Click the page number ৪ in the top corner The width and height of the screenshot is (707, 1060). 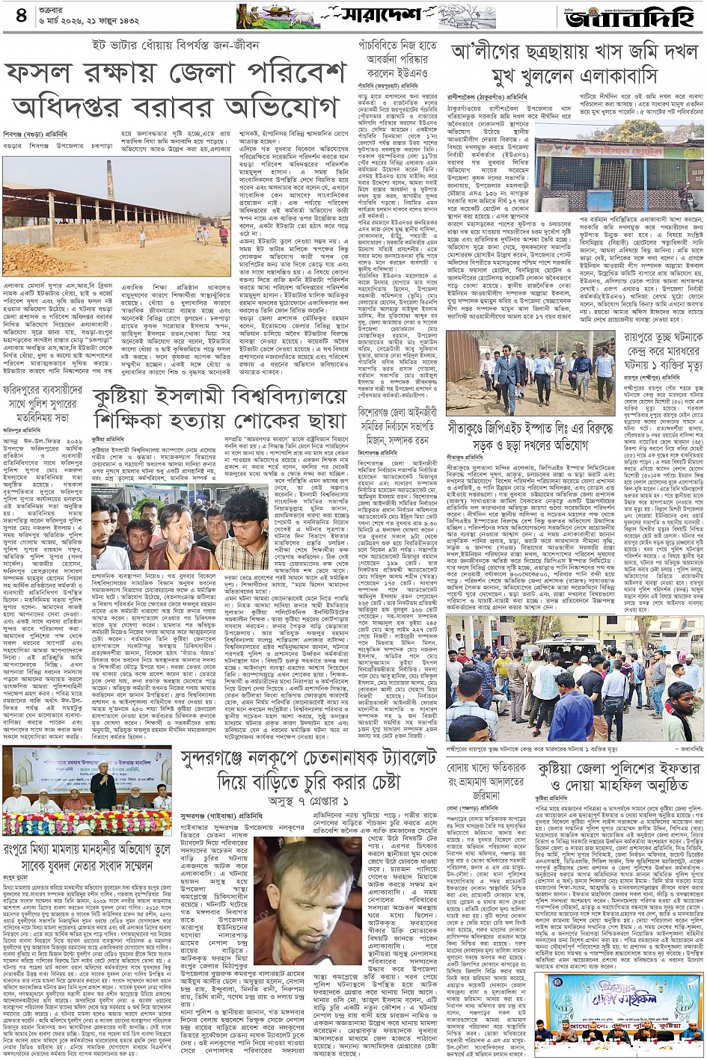(x=20, y=16)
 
